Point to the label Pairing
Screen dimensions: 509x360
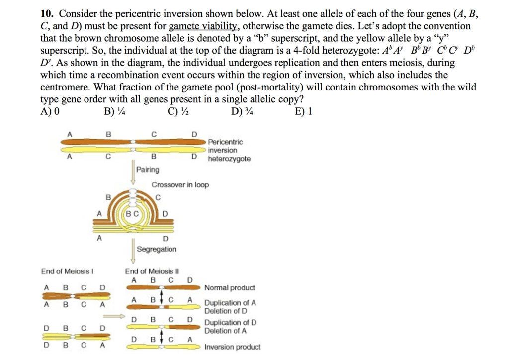[x=148, y=170]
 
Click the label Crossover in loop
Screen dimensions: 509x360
[x=180, y=185]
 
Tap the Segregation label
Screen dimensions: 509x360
[x=157, y=249]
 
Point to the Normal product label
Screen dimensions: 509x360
[x=230, y=288]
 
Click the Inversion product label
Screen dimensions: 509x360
[x=232, y=347]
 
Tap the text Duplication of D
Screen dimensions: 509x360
[x=231, y=323]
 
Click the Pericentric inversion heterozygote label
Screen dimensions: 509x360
[x=229, y=151]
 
